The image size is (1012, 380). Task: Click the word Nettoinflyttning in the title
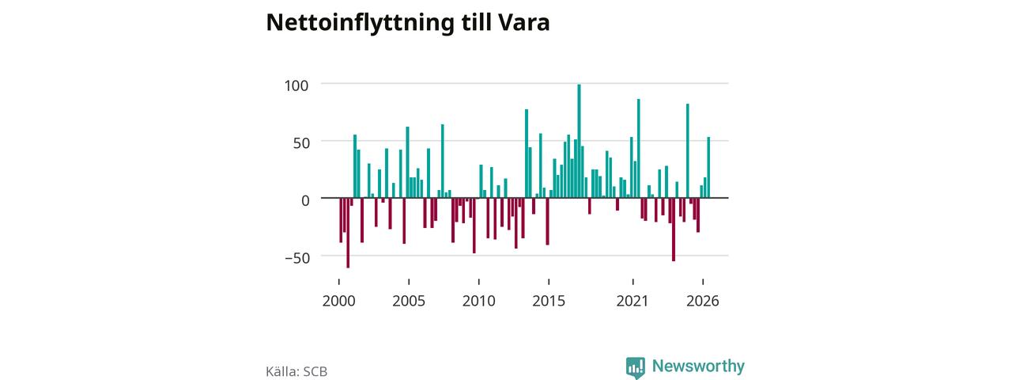click(360, 23)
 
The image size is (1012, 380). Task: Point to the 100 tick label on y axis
click(296, 85)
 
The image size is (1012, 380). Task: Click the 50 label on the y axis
click(301, 143)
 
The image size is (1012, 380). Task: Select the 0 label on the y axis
click(305, 200)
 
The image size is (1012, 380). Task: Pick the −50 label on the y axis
click(297, 258)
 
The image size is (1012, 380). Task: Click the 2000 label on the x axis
click(339, 301)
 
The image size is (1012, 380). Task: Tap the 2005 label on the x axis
click(409, 301)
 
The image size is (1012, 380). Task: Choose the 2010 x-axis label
click(479, 301)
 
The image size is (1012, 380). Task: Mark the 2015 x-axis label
click(549, 301)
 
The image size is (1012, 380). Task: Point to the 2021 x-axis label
click(632, 301)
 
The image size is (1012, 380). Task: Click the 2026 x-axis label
click(703, 301)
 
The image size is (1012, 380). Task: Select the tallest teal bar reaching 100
click(580, 141)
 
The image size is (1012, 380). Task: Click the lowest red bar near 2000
click(348, 233)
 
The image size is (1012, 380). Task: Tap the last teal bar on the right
click(708, 167)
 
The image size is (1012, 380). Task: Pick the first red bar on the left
click(341, 220)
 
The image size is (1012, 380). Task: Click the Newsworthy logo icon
click(636, 367)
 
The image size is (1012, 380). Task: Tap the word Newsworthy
click(698, 366)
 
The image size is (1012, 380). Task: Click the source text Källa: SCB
click(296, 371)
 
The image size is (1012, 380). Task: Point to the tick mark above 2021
click(633, 282)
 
